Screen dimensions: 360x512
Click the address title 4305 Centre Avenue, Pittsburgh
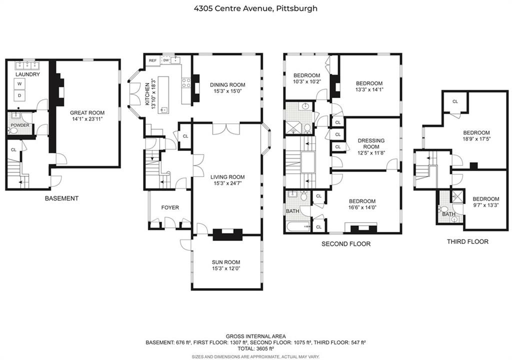click(255, 8)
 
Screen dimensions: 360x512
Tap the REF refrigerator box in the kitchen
click(152, 60)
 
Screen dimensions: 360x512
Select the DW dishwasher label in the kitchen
click(165, 60)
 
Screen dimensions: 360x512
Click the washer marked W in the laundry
click(20, 84)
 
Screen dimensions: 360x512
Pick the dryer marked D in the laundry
click(20, 95)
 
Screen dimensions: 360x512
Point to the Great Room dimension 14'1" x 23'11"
click(87, 119)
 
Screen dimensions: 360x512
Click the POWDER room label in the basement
click(20, 125)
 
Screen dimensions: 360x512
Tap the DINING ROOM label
click(227, 84)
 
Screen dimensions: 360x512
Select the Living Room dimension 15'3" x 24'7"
click(227, 183)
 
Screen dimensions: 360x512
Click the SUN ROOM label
click(226, 262)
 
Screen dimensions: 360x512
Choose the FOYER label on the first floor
click(170, 207)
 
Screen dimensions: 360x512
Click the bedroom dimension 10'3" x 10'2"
click(306, 81)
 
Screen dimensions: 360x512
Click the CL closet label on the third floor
click(455, 101)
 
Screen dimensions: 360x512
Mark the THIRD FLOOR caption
click(467, 241)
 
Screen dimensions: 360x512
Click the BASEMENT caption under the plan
click(61, 198)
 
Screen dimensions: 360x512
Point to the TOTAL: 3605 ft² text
click(255, 348)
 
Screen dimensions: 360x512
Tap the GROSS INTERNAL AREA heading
click(255, 336)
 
